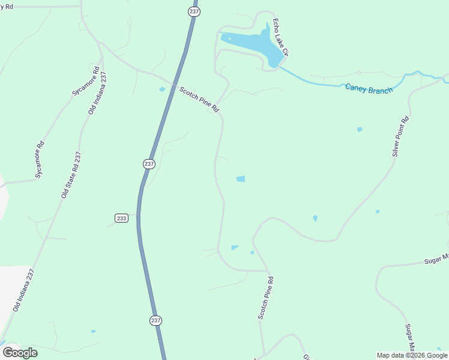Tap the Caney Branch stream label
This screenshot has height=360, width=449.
pos(369,89)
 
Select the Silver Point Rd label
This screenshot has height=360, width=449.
pos(401,136)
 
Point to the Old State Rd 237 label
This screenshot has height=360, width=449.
pos(71,175)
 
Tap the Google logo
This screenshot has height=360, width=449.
pos(20,352)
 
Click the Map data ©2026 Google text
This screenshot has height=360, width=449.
pos(412,355)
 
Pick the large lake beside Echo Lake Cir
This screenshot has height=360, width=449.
pos(252,43)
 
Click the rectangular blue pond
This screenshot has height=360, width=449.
pos(241,179)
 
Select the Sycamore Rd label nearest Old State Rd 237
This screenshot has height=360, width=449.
pos(40,160)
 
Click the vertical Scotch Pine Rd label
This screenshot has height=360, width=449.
pos(266,298)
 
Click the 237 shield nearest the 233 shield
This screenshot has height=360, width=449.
pos(149,164)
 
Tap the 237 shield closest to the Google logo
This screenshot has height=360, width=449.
pos(156,320)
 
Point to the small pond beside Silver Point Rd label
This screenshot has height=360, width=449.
pos(360,129)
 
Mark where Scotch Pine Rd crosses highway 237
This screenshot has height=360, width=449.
pos(175,85)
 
